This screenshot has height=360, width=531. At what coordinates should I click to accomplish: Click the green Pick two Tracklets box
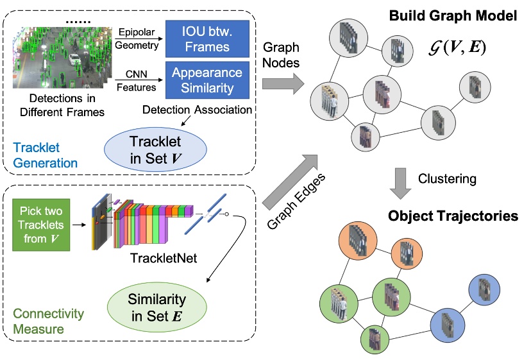tap(39, 224)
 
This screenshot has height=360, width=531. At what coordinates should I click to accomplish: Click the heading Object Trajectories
tap(453, 216)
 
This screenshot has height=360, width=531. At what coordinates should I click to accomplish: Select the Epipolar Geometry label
tap(136, 39)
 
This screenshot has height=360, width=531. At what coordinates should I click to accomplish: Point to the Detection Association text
tap(197, 110)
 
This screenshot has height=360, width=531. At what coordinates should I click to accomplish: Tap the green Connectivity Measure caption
tap(48, 321)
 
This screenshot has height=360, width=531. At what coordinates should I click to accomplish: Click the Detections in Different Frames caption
tap(58, 106)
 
